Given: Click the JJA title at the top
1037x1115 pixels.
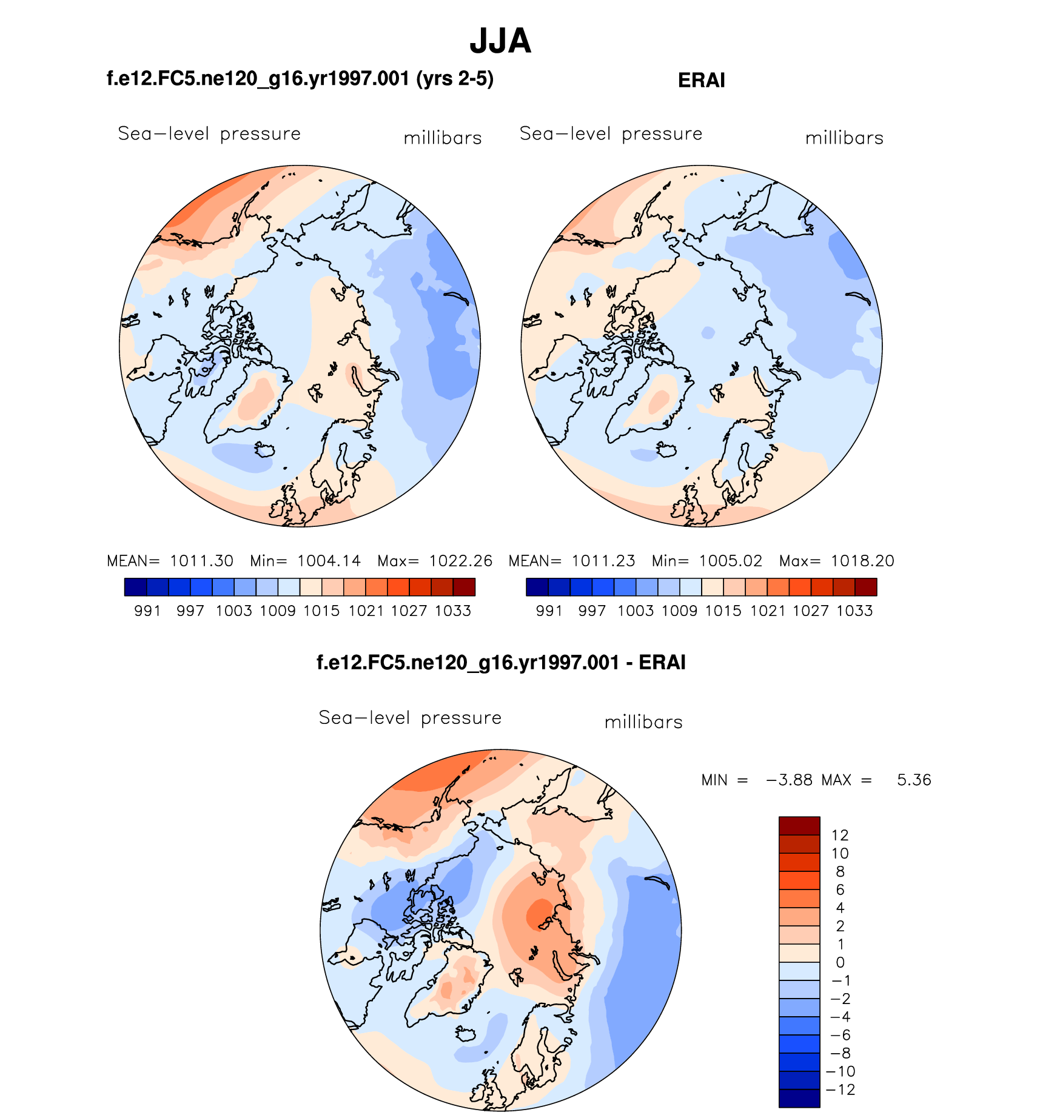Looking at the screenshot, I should pyautogui.click(x=500, y=41).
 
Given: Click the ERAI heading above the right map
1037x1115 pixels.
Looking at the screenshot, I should pyautogui.click(x=701, y=81).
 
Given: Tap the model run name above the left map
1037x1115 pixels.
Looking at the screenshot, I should pyautogui.click(x=300, y=79).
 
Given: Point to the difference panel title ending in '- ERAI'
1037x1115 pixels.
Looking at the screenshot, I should pyautogui.click(x=501, y=662).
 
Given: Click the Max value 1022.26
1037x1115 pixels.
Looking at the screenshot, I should pyautogui.click(x=461, y=561).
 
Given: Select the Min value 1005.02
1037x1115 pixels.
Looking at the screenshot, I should pyautogui.click(x=730, y=561).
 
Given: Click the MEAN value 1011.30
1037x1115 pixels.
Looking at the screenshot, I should pyautogui.click(x=201, y=561).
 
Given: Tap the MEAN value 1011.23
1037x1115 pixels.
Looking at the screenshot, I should pyautogui.click(x=603, y=561).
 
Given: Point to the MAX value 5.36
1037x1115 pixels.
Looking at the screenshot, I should pyautogui.click(x=914, y=780).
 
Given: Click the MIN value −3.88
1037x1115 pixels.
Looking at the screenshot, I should pyautogui.click(x=789, y=780).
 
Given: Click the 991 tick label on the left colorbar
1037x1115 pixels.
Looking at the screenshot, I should pyautogui.click(x=147, y=611).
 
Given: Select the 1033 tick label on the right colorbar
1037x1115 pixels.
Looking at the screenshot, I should pyautogui.click(x=854, y=611).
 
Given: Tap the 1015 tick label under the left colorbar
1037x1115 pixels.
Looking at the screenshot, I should pyautogui.click(x=321, y=611).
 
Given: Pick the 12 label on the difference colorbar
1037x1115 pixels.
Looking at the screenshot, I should pyautogui.click(x=840, y=835).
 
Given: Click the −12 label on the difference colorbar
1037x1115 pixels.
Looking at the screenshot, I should pyautogui.click(x=841, y=1090).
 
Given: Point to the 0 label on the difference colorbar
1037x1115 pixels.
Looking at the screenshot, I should pyautogui.click(x=840, y=962).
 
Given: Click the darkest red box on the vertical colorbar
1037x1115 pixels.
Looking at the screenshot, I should pyautogui.click(x=799, y=826).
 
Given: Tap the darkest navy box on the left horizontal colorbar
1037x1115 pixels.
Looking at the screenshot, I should pyautogui.click(x=135, y=587).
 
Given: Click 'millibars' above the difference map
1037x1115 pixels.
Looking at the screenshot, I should pyautogui.click(x=643, y=722).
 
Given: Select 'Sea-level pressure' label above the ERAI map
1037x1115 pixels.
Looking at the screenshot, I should pyautogui.click(x=611, y=133).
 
